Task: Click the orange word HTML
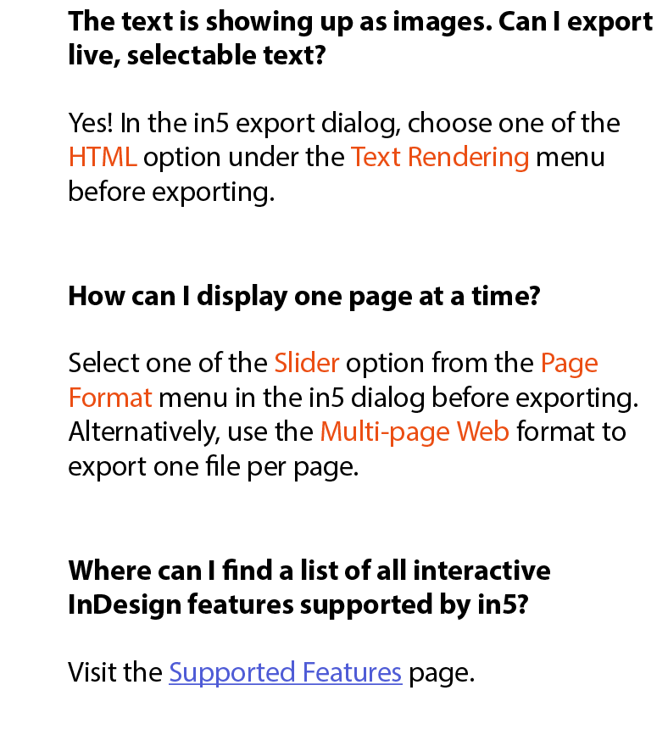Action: [x=103, y=157]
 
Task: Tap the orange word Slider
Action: [x=307, y=363]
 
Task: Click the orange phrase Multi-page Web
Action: [x=415, y=432]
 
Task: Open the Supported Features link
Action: [x=286, y=673]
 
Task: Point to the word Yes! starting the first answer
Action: [x=91, y=123]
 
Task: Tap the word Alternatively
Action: [x=144, y=432]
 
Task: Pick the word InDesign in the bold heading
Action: [x=125, y=605]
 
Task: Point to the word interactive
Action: [x=482, y=571]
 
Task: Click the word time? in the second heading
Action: [x=506, y=297]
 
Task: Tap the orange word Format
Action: [x=110, y=398]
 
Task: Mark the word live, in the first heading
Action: [x=94, y=56]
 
